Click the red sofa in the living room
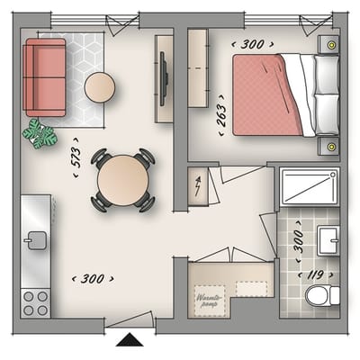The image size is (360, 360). [45, 77]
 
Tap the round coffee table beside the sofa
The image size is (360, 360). [100, 87]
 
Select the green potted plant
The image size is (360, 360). [40, 133]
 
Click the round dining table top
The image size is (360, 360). [122, 180]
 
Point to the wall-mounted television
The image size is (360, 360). [164, 79]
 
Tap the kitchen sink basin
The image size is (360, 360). [36, 240]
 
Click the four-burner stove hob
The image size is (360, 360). [35, 303]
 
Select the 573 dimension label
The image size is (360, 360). [76, 157]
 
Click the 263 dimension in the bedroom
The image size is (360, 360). [221, 115]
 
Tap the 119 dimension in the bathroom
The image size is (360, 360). [315, 274]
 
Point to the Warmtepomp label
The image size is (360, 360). [210, 301]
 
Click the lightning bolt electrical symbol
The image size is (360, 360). [198, 186]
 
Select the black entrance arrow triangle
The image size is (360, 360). [130, 339]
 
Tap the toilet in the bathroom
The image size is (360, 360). [322, 295]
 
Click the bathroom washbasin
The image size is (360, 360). [328, 240]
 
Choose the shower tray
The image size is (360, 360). [310, 186]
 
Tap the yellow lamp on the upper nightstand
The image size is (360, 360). [331, 45]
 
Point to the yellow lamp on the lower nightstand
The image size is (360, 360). [331, 147]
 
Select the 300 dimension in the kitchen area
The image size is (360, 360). [93, 279]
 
